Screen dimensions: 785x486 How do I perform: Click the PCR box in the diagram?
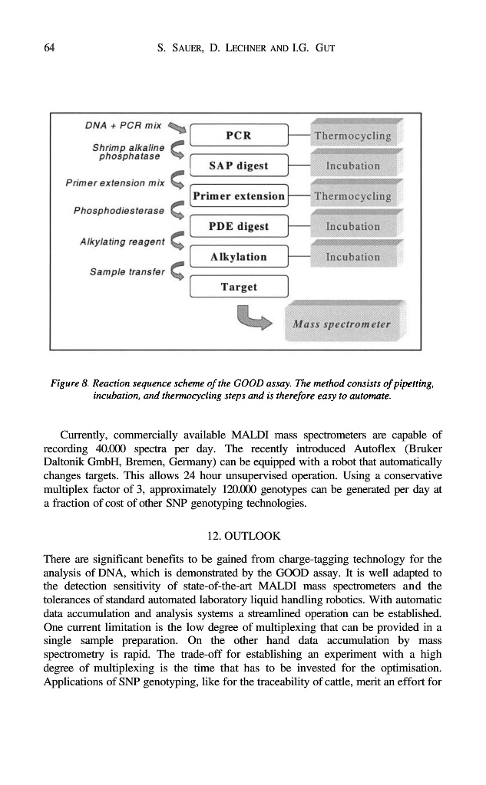(238, 136)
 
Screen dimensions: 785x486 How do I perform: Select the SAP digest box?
(238, 166)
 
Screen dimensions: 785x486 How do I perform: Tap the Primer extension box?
(238, 196)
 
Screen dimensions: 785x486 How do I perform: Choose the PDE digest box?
(238, 226)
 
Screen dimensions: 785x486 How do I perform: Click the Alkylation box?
(238, 257)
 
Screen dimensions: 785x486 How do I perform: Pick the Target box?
(238, 287)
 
